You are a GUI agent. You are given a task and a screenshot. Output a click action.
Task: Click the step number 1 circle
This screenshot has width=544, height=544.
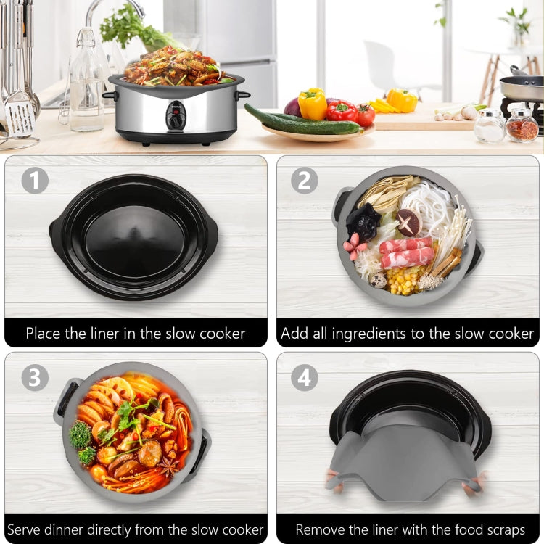tap(34, 180)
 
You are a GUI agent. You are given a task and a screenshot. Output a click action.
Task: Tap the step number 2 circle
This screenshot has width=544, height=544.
tap(305, 180)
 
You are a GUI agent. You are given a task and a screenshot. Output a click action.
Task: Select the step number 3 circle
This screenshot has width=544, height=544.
tap(34, 377)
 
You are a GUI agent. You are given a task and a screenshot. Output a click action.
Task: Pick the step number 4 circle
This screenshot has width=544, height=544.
tap(305, 377)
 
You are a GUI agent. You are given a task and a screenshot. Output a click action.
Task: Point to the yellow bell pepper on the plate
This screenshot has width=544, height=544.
tap(313, 103)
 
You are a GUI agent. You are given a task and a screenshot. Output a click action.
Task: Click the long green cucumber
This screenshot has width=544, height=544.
tap(301, 120)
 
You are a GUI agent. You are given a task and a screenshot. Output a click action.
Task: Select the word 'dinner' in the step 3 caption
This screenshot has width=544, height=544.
tap(75, 529)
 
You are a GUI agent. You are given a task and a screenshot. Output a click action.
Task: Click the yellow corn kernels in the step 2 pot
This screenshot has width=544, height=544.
tap(405, 279)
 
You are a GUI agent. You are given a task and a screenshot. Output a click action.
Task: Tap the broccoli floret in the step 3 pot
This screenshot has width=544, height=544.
tap(81, 435)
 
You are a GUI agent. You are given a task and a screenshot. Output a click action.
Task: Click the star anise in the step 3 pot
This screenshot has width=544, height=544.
tap(169, 466)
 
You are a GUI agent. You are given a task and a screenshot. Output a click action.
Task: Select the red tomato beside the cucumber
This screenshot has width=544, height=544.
tap(365, 115)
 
